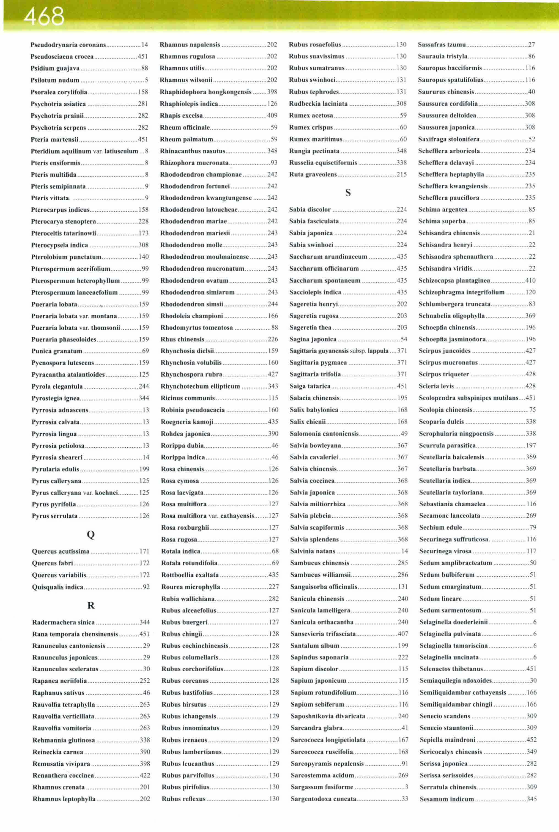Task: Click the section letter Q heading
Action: [x=91, y=534]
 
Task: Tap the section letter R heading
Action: [x=91, y=605]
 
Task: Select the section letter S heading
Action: [x=348, y=193]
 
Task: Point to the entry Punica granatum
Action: [x=57, y=351]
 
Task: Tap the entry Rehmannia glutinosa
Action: [x=64, y=740]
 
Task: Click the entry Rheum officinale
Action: [x=185, y=127]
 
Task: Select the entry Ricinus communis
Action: [x=188, y=398]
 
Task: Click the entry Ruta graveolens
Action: [x=313, y=174]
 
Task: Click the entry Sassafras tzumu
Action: [x=442, y=45]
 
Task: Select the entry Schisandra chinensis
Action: [x=449, y=233]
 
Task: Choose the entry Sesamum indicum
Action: [x=447, y=799]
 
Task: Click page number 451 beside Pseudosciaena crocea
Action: [x=143, y=57]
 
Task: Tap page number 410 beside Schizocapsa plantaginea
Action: [x=530, y=281]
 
